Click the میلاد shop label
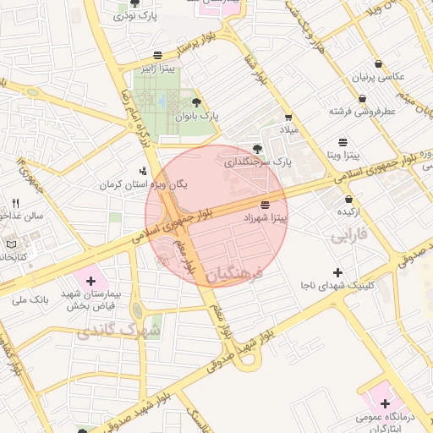point(289,129)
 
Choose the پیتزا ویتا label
point(344,156)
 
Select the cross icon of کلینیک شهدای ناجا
point(338,272)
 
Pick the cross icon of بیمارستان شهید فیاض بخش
point(90,279)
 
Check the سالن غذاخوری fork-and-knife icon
point(15,204)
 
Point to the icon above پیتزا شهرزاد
point(266,205)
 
